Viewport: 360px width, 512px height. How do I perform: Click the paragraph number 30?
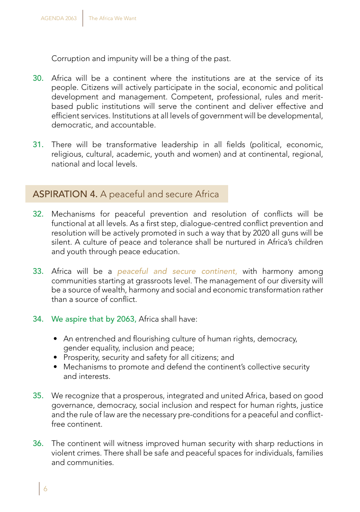38,79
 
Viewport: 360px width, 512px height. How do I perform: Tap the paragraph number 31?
38,145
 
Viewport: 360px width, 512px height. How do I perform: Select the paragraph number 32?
38,214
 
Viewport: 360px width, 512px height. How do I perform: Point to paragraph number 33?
38,272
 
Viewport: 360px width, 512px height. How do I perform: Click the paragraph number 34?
38,319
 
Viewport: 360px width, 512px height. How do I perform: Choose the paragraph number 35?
38,396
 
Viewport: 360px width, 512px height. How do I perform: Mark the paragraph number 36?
38,444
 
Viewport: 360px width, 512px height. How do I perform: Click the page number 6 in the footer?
45,489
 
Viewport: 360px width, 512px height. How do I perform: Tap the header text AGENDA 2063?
59,18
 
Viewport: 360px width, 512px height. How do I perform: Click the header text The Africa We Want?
113,18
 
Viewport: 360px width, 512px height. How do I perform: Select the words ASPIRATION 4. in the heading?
65,194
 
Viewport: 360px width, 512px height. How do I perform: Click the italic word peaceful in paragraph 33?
133,272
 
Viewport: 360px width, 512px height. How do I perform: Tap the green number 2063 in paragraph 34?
126,319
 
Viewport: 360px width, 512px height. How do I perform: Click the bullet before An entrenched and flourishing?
56,339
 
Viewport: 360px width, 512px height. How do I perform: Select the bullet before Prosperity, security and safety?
56,358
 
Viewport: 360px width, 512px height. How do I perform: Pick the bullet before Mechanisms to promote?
56,367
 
